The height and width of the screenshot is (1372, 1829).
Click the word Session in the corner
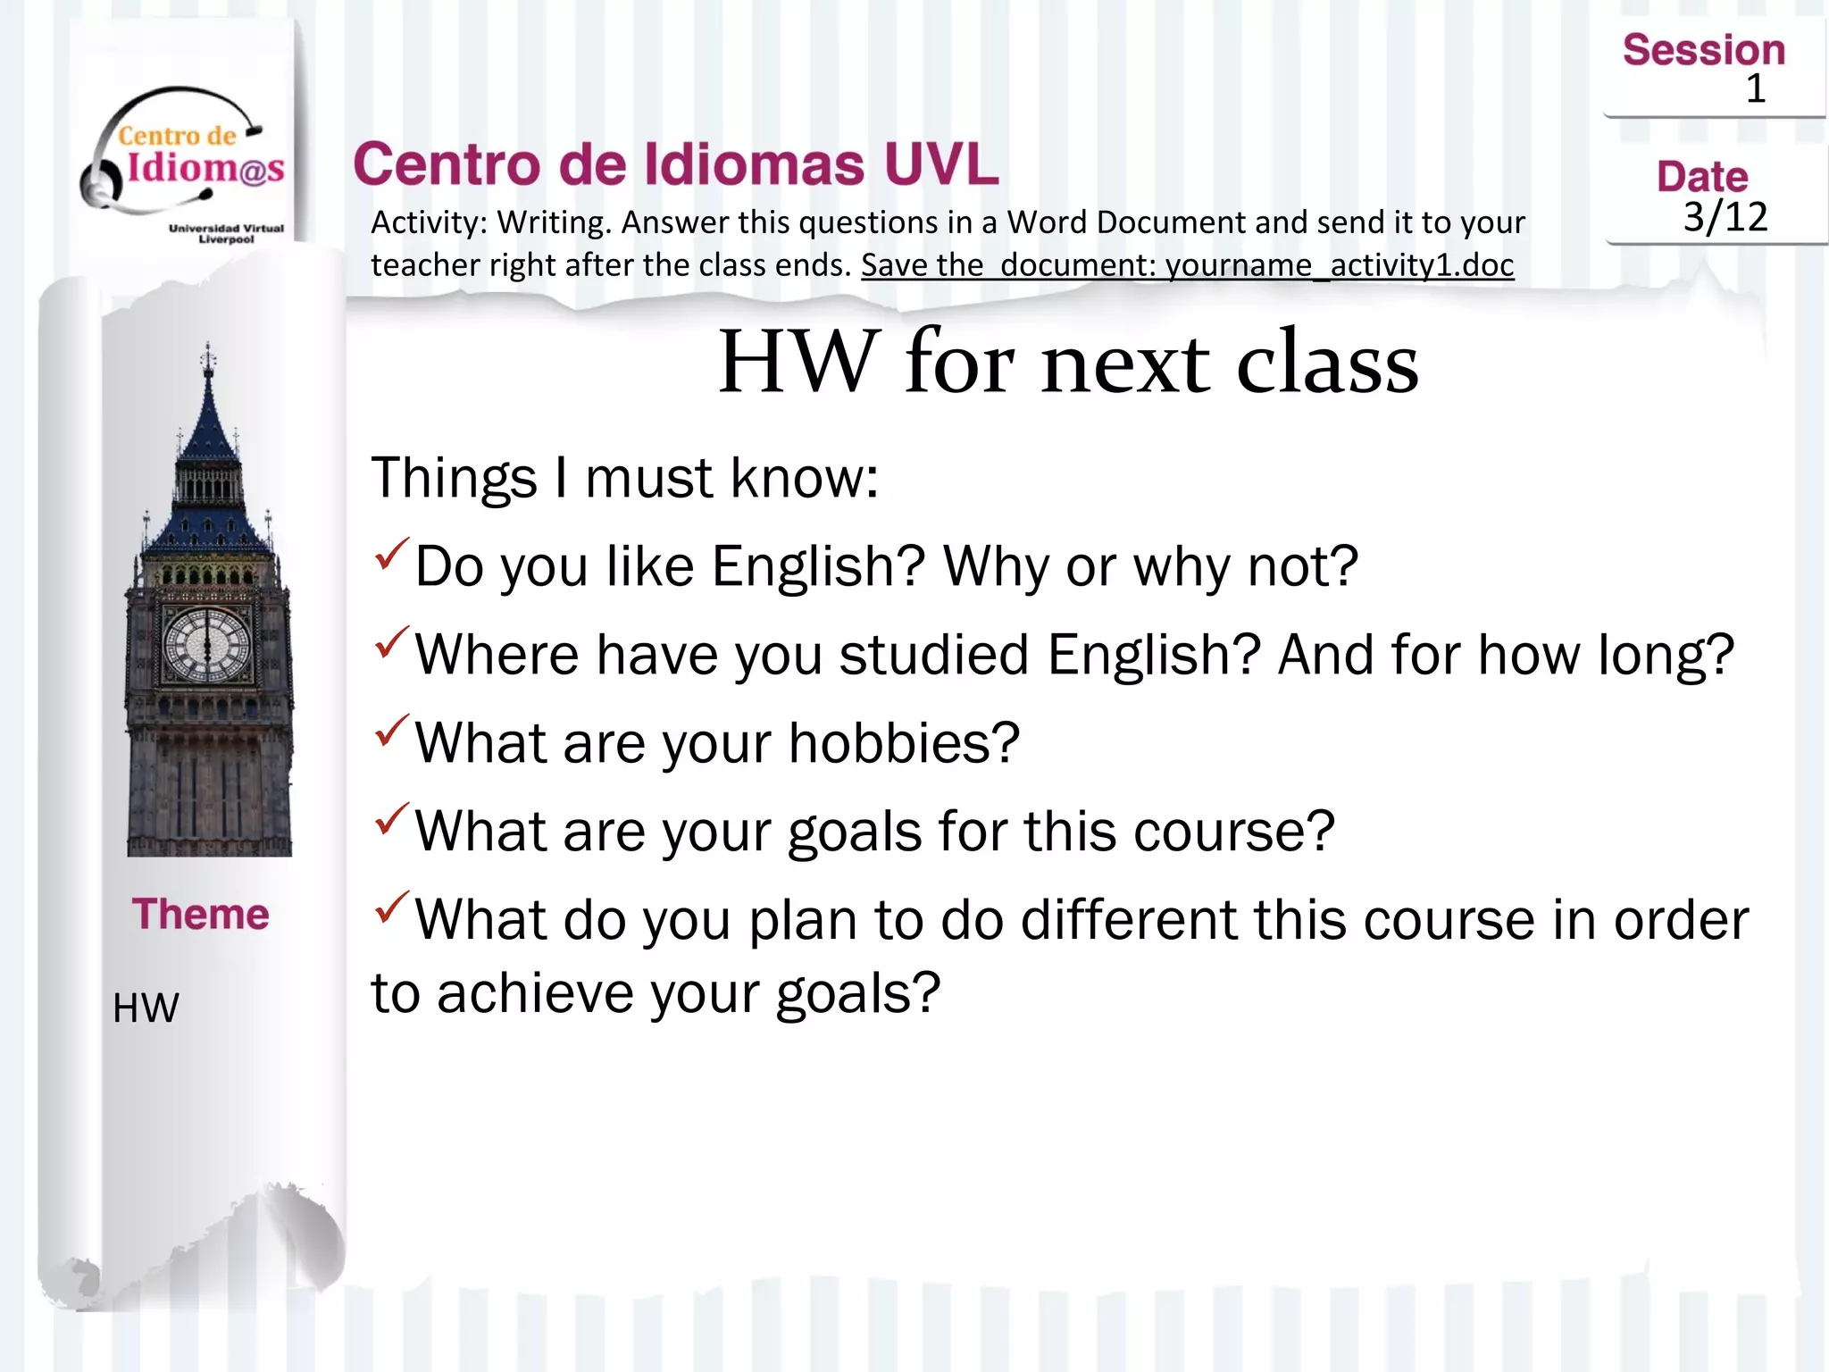tap(1703, 50)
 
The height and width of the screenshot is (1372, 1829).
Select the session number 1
tap(1755, 89)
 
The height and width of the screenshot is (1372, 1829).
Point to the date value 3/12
tap(1725, 217)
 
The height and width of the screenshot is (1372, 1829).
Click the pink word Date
tap(1702, 177)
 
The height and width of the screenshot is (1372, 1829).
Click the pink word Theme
tap(200, 914)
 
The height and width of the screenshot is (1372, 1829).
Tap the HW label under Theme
tap(146, 1008)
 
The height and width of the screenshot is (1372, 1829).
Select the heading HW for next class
tap(1068, 362)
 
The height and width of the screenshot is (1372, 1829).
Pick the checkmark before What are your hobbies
tap(391, 731)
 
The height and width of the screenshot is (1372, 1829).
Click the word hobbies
tap(904, 743)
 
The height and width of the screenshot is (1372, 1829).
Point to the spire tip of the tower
tap(208, 347)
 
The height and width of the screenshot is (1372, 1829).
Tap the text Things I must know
tap(624, 477)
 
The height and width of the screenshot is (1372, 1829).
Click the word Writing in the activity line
tap(554, 222)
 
